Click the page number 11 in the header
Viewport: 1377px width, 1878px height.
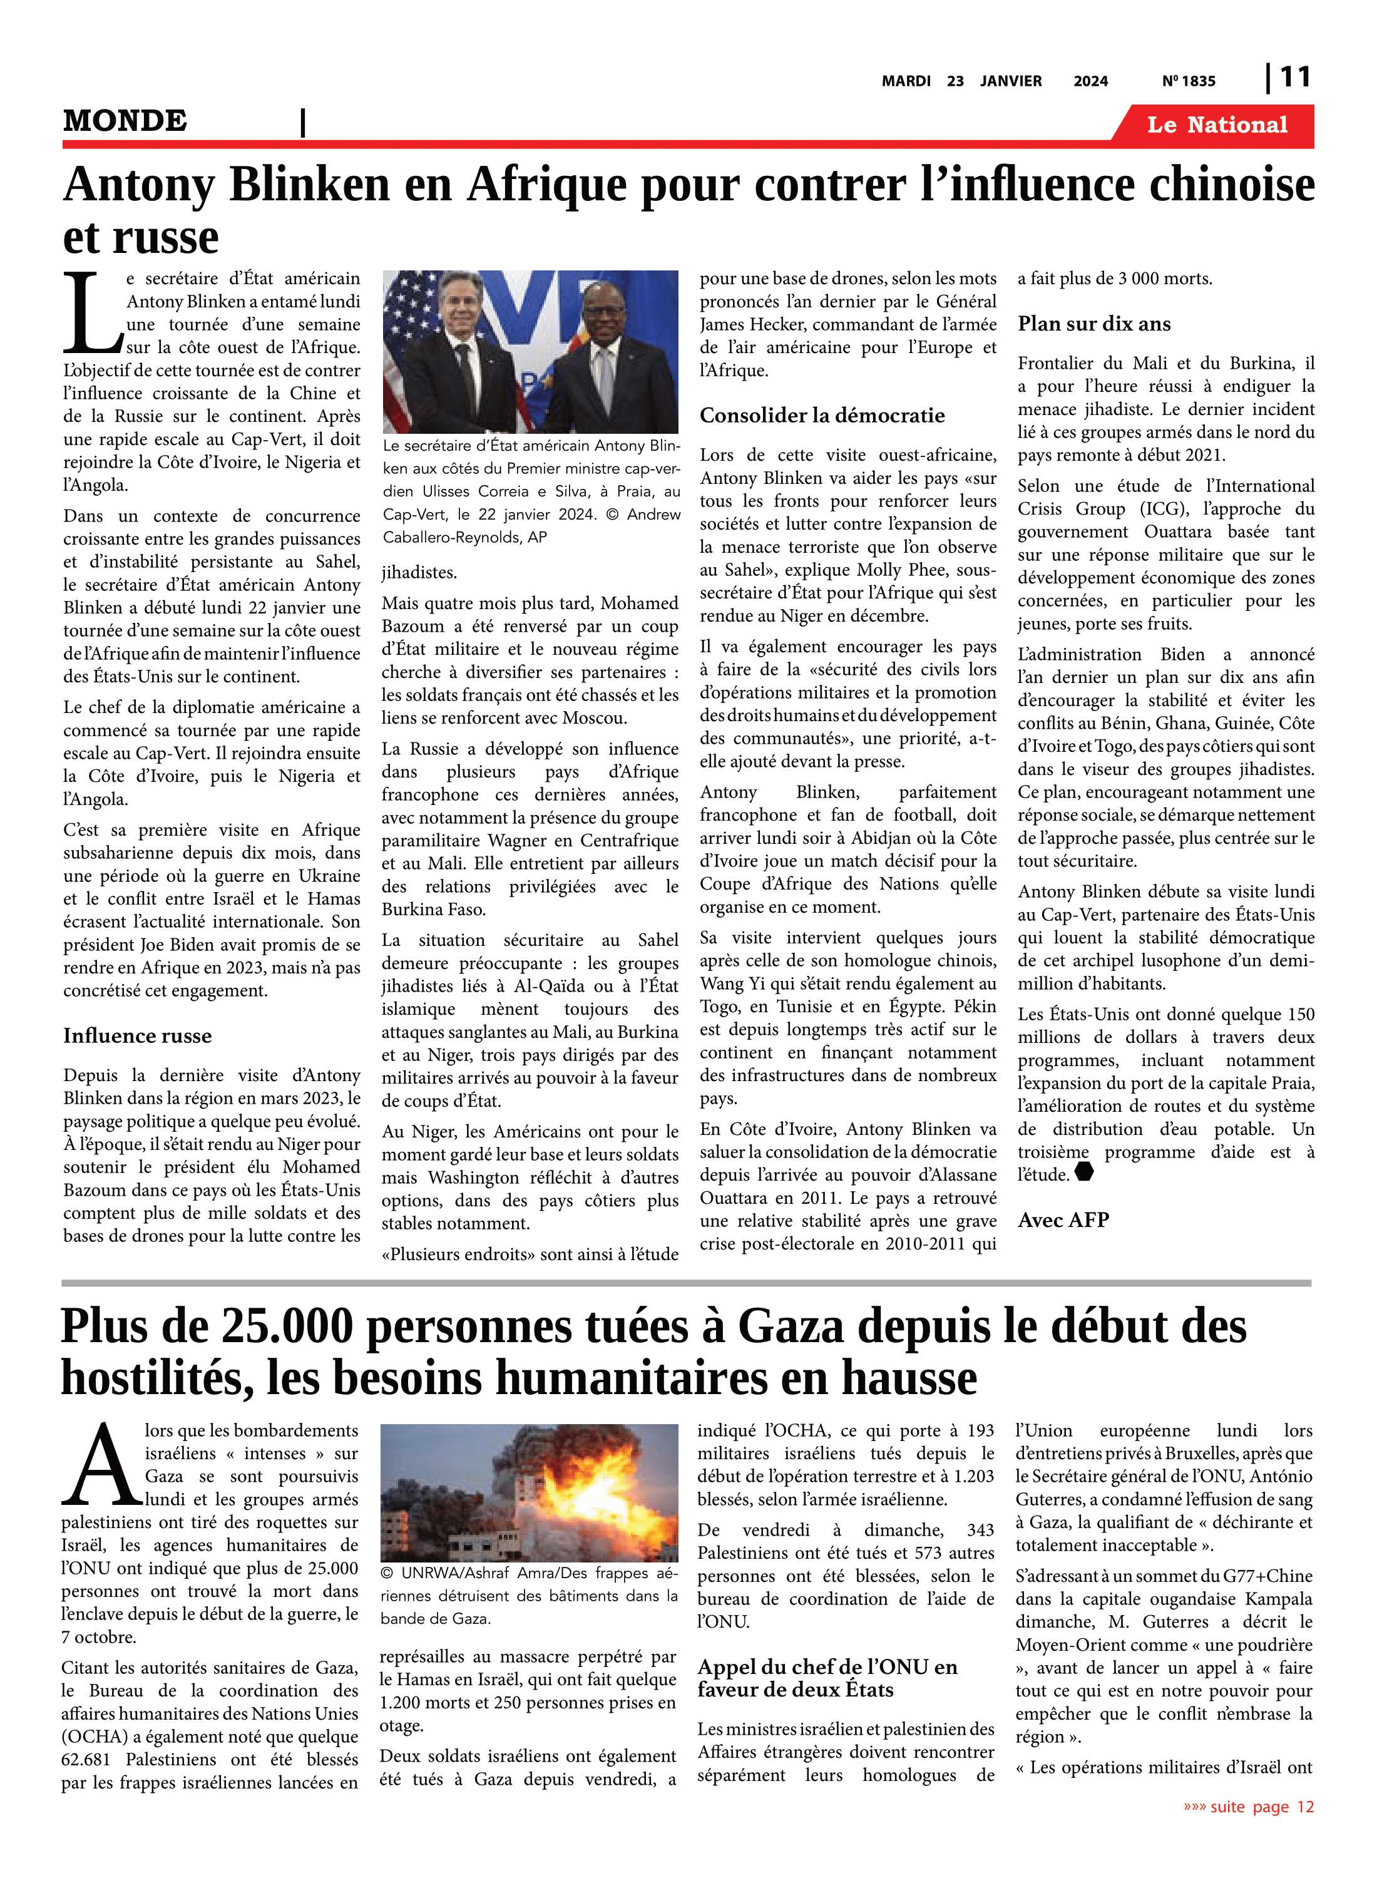1294,78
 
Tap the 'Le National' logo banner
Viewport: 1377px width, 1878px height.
1217,125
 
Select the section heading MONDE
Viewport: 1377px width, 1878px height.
125,121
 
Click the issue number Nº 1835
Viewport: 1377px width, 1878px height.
1189,81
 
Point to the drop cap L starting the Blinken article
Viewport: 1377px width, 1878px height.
91,312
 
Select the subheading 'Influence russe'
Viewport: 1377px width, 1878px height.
138,1035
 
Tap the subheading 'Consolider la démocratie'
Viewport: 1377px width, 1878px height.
822,415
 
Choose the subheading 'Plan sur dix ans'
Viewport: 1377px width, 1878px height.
1093,324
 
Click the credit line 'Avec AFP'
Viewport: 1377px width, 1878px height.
1063,1219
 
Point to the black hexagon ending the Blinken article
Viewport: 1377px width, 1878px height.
1083,1172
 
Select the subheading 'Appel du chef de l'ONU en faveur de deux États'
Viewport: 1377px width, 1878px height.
827,1678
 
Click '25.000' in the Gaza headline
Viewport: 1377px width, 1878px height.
284,1326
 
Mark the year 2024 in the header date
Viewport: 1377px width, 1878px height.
1090,81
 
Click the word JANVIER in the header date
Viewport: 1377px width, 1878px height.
1010,81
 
